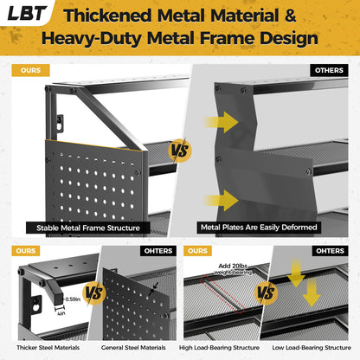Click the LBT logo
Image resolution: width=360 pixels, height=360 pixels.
27,13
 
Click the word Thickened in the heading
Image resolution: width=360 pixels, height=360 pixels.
107,16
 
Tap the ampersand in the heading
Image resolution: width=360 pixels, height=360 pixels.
290,15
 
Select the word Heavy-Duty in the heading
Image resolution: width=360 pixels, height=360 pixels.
93,39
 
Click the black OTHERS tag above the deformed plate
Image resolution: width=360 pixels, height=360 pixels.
329,70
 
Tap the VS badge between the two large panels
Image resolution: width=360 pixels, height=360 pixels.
180,151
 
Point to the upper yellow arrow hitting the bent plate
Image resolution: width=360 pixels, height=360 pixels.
222,122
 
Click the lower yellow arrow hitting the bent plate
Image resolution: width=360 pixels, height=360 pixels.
222,200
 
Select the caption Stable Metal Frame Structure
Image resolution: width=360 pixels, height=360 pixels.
88,228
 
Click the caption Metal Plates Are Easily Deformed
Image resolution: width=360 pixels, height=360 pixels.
259,228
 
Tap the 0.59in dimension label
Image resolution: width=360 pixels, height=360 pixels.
73,299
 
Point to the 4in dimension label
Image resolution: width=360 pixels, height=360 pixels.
61,313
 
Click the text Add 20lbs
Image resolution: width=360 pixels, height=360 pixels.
233,266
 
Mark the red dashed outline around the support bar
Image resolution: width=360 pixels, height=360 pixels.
222,294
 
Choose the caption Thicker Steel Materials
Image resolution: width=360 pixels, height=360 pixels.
48,348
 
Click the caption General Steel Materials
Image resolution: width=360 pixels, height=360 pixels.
133,348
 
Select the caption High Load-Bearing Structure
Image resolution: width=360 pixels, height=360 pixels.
219,348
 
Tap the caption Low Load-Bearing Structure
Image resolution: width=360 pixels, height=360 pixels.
312,348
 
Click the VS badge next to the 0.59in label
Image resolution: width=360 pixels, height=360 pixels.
94,293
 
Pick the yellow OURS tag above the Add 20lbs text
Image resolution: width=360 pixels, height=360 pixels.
197,251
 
